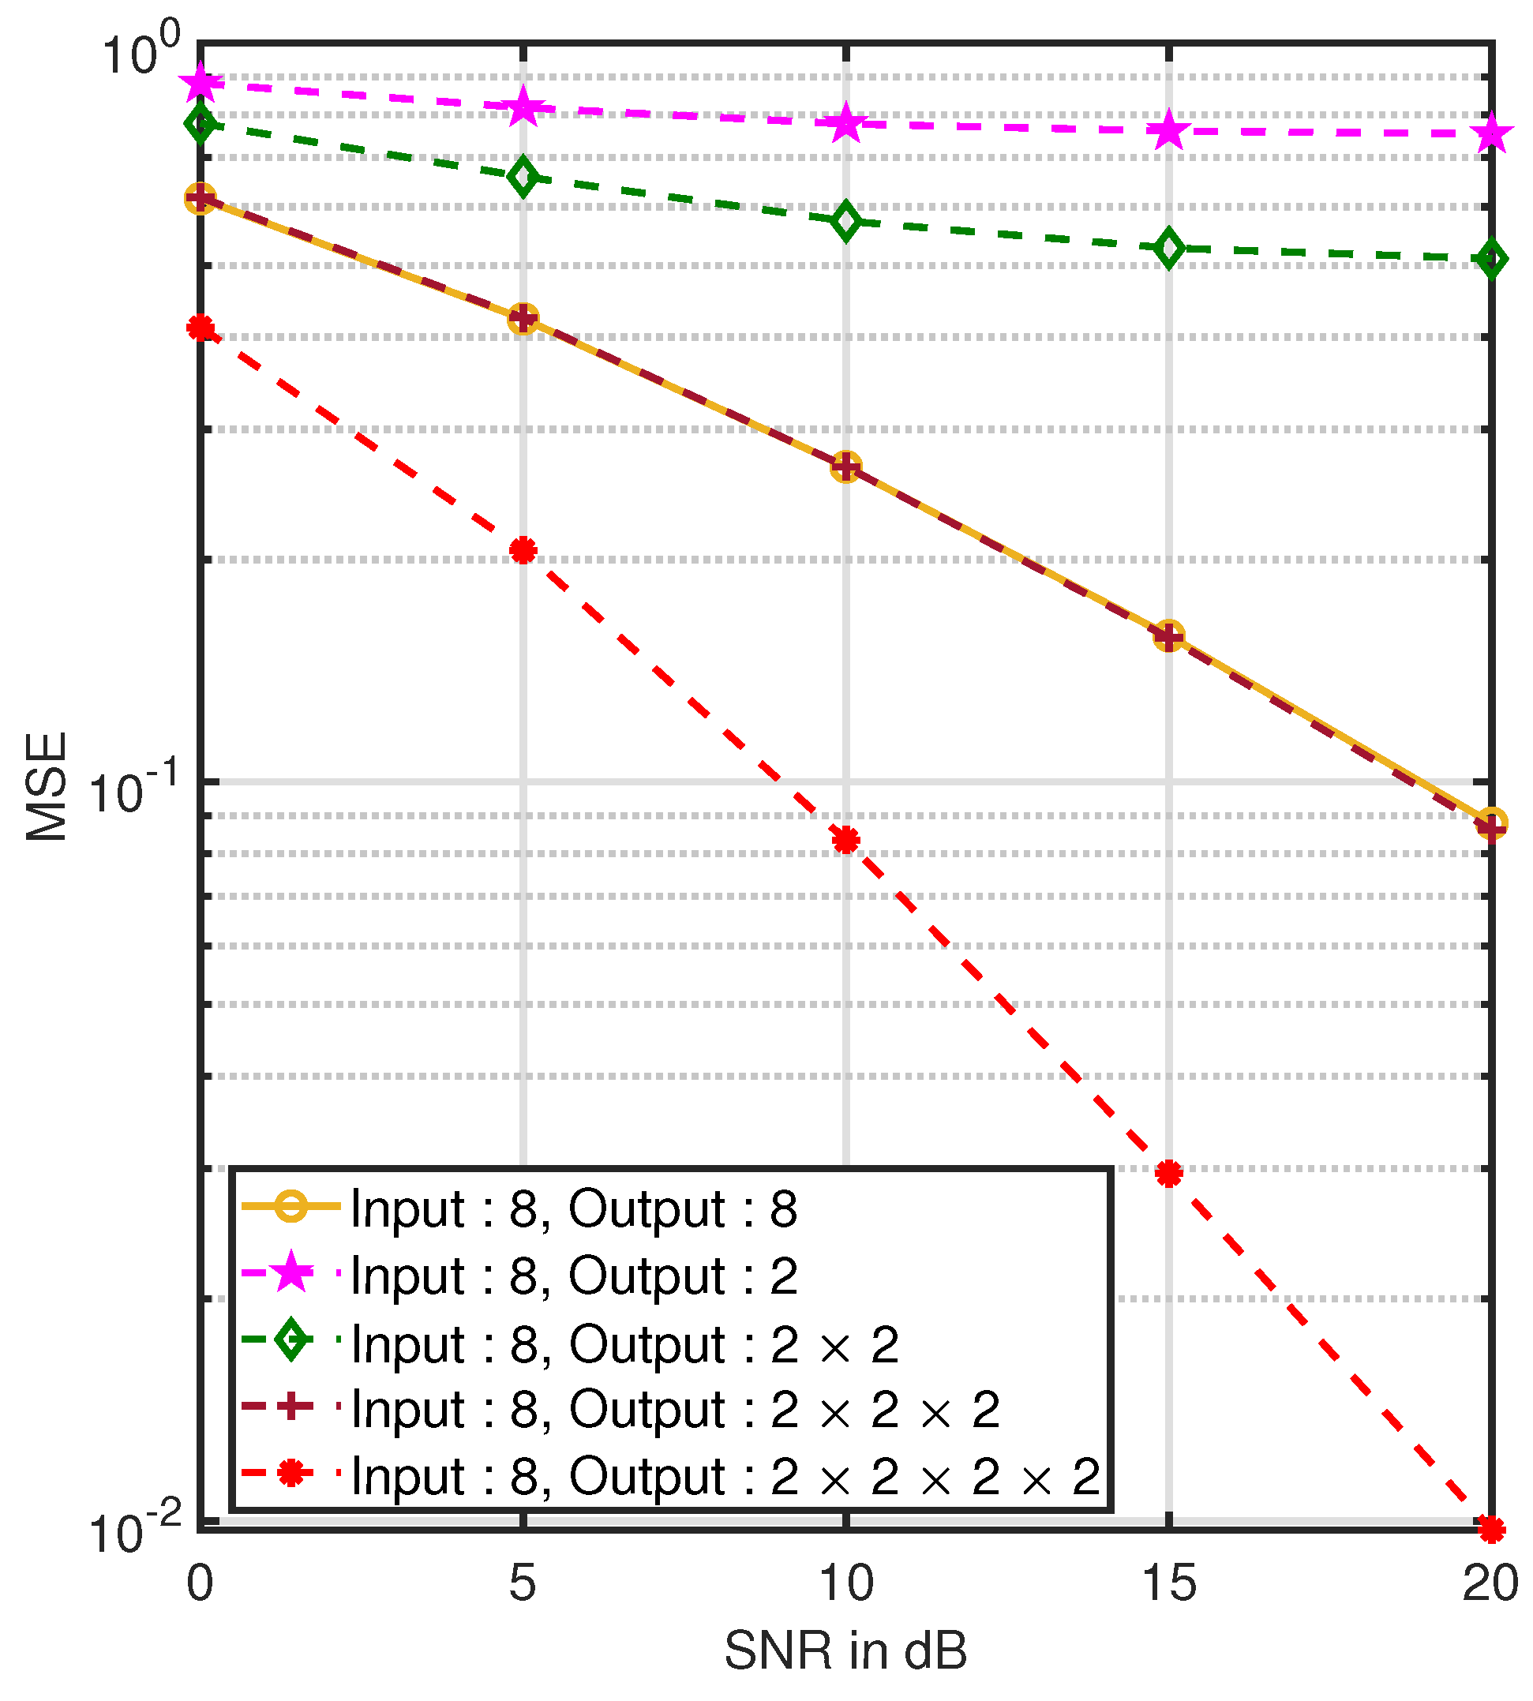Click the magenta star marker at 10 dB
[845, 124]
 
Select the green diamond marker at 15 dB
[1168, 249]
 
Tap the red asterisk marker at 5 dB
[523, 551]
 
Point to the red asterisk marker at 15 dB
[1168, 1174]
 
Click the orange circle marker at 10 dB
[845, 466]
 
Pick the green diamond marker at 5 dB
[523, 176]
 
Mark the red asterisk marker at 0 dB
[201, 328]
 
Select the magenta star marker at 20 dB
[1491, 133]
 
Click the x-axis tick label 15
[1168, 1584]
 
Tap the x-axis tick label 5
[523, 1584]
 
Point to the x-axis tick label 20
[1490, 1584]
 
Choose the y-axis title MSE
[47, 786]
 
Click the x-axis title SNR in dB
[845, 1651]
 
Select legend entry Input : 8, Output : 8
[573, 1209]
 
